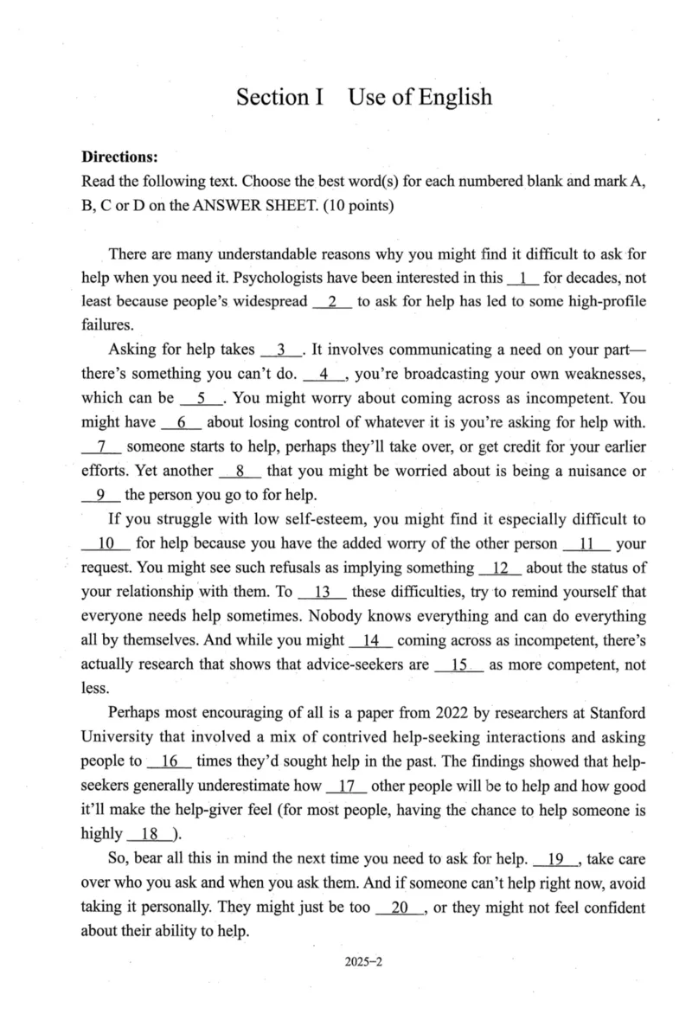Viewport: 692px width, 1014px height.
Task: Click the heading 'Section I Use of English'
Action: [364, 97]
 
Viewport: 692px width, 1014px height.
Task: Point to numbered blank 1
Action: [523, 279]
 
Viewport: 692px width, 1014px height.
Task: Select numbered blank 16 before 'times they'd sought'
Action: [170, 762]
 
